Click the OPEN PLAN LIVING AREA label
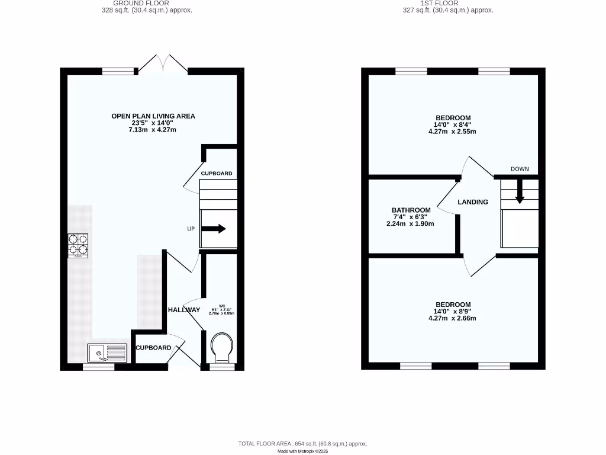[x=153, y=116]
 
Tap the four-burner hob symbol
[x=78, y=245]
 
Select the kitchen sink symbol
[x=107, y=353]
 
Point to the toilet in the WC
[x=222, y=347]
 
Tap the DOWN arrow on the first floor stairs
[x=520, y=192]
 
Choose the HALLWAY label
[x=184, y=310]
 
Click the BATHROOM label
[x=411, y=210]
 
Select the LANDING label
[x=473, y=202]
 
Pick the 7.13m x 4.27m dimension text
[x=153, y=130]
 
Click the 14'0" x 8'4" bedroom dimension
[x=453, y=124]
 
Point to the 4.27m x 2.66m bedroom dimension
[x=452, y=318]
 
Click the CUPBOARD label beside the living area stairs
[x=217, y=174]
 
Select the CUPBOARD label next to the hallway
[x=153, y=348]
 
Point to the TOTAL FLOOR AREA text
[x=302, y=444]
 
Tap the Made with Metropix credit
[x=302, y=451]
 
